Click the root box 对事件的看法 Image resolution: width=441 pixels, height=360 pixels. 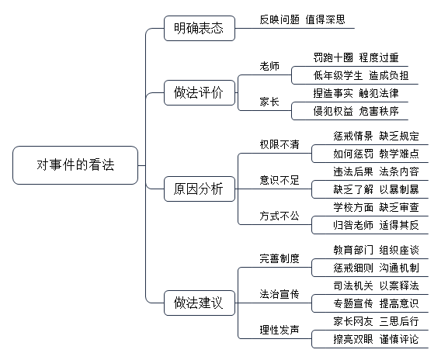pyautogui.click(x=75, y=165)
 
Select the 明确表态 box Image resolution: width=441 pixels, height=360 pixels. pyautogui.click(x=200, y=29)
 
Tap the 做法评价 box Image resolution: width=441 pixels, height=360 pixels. pyautogui.click(x=200, y=93)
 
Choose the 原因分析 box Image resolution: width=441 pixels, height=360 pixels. pyautogui.click(x=200, y=189)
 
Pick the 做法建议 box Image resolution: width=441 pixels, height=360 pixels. pyautogui.click(x=200, y=303)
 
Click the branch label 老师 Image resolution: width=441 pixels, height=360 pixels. pyautogui.click(x=269, y=66)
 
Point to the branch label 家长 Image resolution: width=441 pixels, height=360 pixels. pyautogui.click(x=269, y=102)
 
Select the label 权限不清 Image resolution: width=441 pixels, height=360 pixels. pyautogui.click(x=280, y=144)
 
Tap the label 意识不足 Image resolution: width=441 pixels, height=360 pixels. pyautogui.click(x=280, y=180)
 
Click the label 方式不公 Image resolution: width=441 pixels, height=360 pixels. pyautogui.click(x=280, y=216)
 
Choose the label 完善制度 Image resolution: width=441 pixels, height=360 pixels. pyautogui.click(x=280, y=258)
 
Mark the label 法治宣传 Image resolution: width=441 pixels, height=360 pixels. pyautogui.click(x=280, y=294)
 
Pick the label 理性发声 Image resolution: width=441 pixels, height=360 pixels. pyautogui.click(x=280, y=330)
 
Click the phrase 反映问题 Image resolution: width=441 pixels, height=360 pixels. pyautogui.click(x=280, y=19)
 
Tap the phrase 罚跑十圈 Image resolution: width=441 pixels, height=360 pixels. pyautogui.click(x=333, y=57)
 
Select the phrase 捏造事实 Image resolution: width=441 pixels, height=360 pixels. pyautogui.click(x=333, y=93)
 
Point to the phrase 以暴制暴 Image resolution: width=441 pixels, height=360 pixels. pyautogui.click(x=399, y=189)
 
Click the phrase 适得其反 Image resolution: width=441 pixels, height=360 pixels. pyautogui.click(x=399, y=225)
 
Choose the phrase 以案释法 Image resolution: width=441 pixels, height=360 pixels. pyautogui.click(x=399, y=286)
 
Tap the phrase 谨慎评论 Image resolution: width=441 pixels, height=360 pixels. pyautogui.click(x=399, y=339)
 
